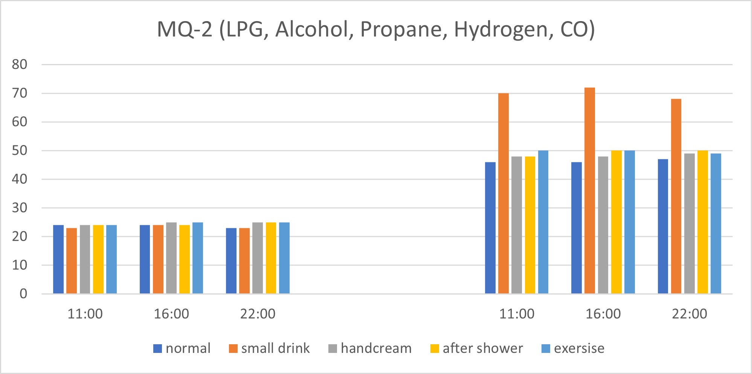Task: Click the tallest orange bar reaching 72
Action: (x=590, y=191)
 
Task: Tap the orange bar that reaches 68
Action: (x=676, y=196)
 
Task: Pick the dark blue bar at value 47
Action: (x=663, y=226)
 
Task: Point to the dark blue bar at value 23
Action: (x=231, y=261)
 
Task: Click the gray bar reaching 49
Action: (x=689, y=223)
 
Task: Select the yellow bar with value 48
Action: (x=530, y=225)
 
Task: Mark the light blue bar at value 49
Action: (x=716, y=223)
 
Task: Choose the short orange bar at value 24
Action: (x=158, y=259)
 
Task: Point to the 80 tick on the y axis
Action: (x=20, y=65)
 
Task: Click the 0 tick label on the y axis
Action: (x=23, y=294)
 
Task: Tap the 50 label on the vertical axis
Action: (x=20, y=151)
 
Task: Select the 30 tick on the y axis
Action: (x=20, y=208)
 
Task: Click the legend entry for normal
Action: (x=182, y=348)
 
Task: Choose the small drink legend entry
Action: (x=269, y=348)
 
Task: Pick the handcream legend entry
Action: (x=370, y=348)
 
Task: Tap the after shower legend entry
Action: (x=477, y=348)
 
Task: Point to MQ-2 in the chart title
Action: (x=185, y=29)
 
